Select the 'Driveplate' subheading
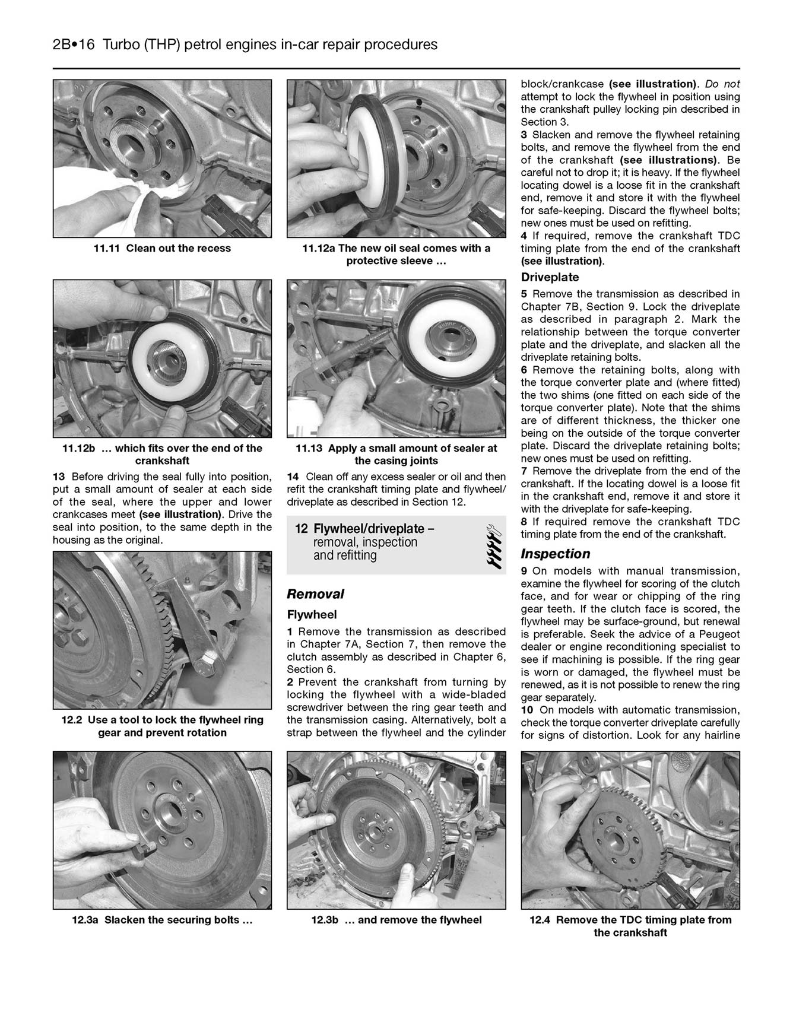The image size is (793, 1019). coord(550,277)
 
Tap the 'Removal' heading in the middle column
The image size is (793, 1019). coord(315,594)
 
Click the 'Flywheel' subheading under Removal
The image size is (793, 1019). coord(312,615)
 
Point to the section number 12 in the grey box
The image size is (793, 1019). coord(301,529)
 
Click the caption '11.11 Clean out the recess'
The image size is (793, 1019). coord(161,248)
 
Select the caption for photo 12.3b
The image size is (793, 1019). coord(396,920)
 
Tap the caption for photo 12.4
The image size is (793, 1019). coord(630,926)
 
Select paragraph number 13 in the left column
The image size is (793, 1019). coord(59,477)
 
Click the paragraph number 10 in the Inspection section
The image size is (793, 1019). coord(527,710)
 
